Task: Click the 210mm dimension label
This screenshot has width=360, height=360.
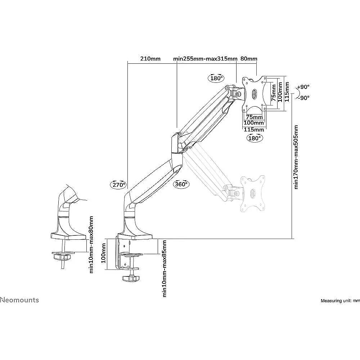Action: click(x=150, y=59)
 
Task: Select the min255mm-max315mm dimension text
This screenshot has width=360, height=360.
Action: click(x=205, y=59)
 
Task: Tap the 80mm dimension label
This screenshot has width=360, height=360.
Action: click(x=249, y=59)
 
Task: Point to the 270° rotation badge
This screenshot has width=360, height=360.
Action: click(x=119, y=184)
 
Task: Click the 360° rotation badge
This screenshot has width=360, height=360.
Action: click(x=181, y=184)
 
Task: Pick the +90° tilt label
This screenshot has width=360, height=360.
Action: click(x=303, y=87)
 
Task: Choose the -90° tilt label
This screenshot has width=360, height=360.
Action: click(x=303, y=98)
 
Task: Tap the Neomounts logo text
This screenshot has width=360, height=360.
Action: click(x=19, y=300)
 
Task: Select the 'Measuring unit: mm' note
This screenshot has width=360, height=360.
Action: click(x=340, y=301)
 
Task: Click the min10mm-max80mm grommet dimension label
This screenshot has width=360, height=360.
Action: click(x=91, y=244)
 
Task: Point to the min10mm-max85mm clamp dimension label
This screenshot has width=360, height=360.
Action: click(x=164, y=269)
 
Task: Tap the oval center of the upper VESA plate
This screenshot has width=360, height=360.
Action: click(x=255, y=94)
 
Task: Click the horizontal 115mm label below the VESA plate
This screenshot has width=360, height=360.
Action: click(x=254, y=130)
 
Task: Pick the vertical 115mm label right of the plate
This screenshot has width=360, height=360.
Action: click(x=287, y=92)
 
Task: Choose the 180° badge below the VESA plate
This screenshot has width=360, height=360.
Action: click(x=255, y=138)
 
